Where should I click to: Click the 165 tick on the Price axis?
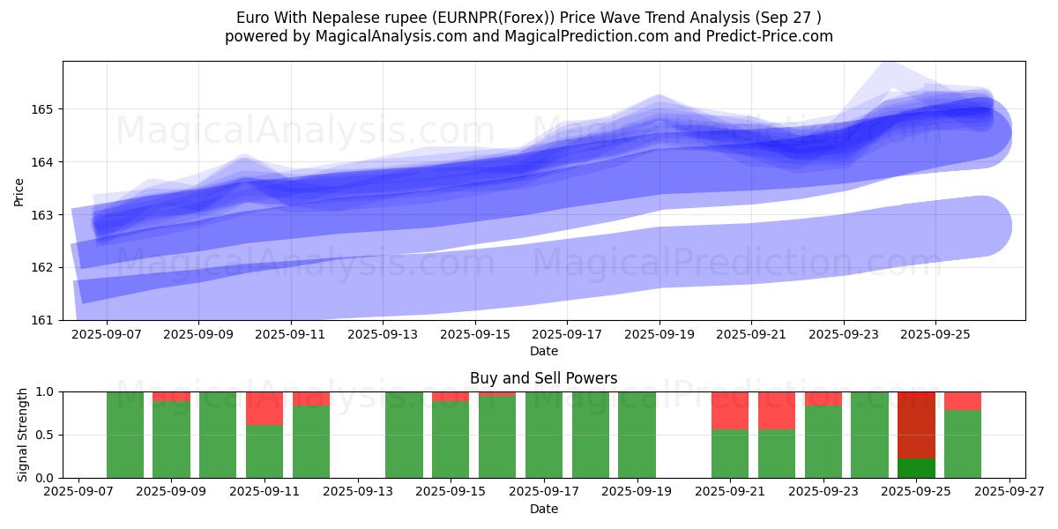45,109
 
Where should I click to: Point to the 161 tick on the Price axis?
45,319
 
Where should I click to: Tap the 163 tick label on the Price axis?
45,214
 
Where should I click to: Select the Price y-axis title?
19,190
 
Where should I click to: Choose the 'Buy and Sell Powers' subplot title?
543,378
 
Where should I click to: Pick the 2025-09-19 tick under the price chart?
659,335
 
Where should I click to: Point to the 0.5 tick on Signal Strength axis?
45,435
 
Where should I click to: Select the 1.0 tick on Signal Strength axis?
45,391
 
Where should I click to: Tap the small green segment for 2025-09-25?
916,468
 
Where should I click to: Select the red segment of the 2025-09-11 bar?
264,408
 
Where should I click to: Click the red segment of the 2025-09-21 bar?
730,410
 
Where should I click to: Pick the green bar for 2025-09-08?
125,435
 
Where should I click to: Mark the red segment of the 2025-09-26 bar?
963,400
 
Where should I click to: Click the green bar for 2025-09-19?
637,435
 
